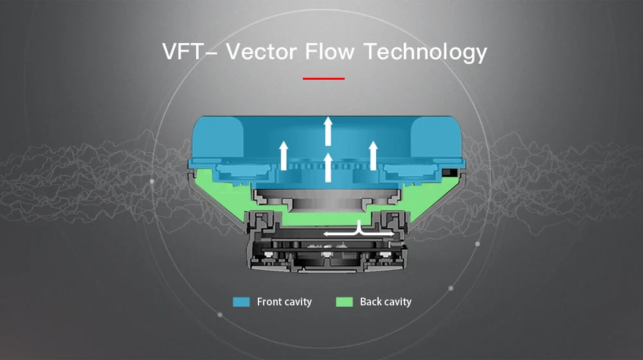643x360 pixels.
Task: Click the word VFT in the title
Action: (x=182, y=51)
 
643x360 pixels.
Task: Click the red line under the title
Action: (x=323, y=78)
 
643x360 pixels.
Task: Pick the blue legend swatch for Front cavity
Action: (x=241, y=301)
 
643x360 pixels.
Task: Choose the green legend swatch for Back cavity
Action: (x=344, y=301)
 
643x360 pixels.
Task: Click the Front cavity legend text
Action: (x=284, y=301)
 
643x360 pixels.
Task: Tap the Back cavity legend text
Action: (x=385, y=301)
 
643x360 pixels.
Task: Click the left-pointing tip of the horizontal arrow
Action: (x=325, y=233)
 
